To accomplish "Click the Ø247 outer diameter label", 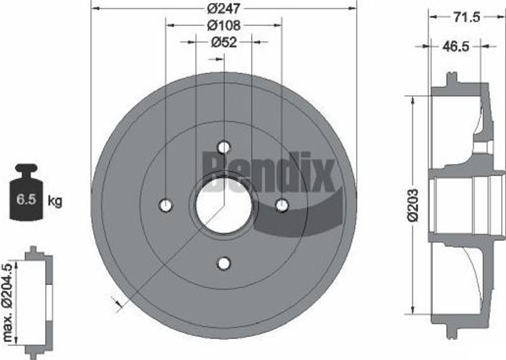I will coord(223,8).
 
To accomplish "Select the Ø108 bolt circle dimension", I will coord(223,25).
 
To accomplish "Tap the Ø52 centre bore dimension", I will coord(224,43).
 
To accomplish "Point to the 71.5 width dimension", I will coord(466,17).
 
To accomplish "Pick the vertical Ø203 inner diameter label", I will coord(413,204).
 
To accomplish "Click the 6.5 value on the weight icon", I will coord(26,200).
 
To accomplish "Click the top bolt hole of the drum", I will coord(224,147).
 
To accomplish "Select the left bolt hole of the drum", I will coord(166,205).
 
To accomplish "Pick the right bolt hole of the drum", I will coord(282,205).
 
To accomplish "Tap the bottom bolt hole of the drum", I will coord(224,264).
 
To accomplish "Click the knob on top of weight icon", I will coord(26,168).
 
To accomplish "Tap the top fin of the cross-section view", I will coord(451,79).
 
